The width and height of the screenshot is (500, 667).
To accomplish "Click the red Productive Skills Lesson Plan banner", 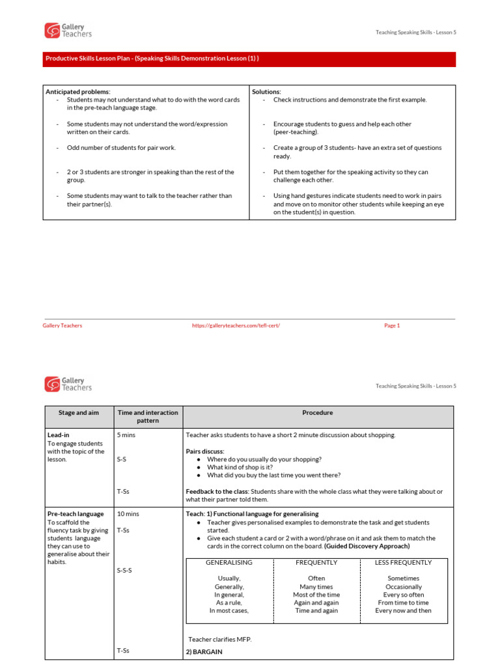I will point(249,59).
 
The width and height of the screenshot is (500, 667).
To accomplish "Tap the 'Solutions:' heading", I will point(266,92).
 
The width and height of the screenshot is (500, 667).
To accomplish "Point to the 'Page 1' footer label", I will point(392,326).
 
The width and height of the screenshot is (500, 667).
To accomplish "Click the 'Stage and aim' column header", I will point(77,413).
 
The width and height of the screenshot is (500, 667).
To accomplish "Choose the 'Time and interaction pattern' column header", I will point(147,417).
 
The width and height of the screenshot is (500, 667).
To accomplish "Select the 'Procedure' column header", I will point(318,413).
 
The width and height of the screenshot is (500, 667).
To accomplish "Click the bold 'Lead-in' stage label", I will point(59,435).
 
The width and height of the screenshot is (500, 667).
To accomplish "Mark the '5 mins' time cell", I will point(127,435).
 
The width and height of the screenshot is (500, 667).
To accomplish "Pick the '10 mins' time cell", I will point(128,514).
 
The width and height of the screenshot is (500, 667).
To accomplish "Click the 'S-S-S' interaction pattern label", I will point(125,571).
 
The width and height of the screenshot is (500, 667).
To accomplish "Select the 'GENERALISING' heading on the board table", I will point(229,563).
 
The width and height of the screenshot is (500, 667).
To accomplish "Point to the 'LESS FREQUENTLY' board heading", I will point(403,563).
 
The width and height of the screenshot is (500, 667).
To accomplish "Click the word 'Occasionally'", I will point(403,587).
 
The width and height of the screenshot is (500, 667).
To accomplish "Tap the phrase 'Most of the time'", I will point(316,595).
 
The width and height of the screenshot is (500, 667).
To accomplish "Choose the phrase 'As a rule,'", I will point(229,603).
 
